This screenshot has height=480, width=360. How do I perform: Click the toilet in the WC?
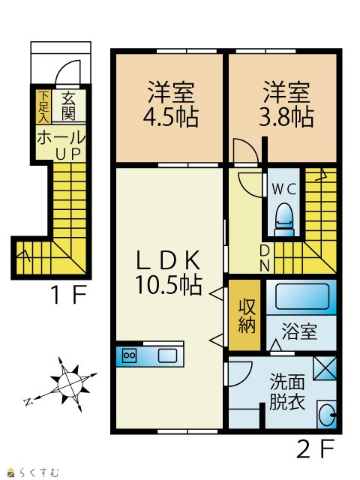[x=284, y=219]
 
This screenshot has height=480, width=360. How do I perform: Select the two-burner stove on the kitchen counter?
[x=129, y=355]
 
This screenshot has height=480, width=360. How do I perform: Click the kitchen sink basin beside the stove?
[x=167, y=355]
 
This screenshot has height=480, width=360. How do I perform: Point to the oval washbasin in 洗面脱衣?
[x=325, y=415]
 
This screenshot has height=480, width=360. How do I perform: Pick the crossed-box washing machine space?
[x=325, y=368]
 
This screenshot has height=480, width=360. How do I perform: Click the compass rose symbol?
[x=70, y=384]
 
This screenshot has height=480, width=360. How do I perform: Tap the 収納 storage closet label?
[x=247, y=316]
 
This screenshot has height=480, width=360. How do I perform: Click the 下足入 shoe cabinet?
[x=43, y=106]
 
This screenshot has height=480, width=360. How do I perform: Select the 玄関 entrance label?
[x=68, y=106]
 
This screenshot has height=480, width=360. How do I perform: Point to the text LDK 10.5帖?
[x=169, y=272]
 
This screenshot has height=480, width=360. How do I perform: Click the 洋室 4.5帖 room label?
[x=171, y=104]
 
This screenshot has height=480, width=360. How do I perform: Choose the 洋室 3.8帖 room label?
[x=286, y=104]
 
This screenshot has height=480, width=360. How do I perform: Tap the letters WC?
[x=284, y=190]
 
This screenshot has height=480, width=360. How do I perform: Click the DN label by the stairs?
[x=265, y=258]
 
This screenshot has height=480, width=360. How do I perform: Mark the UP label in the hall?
[x=68, y=154]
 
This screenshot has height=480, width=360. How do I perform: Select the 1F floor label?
[x=69, y=295]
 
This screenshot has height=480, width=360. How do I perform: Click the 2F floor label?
[x=315, y=448]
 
